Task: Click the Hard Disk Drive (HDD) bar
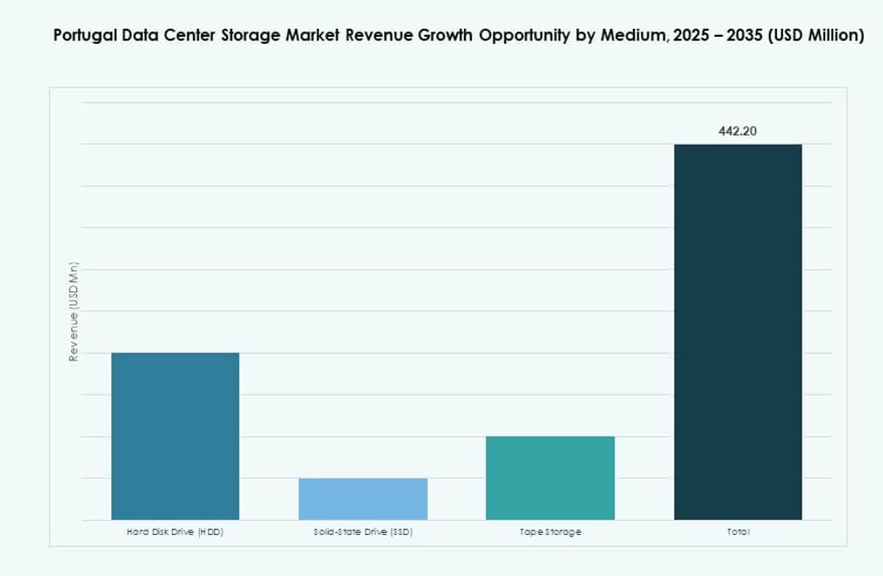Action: click(174, 436)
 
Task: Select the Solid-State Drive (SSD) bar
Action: click(363, 499)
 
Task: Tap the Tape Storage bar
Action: click(550, 478)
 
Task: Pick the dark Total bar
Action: click(737, 331)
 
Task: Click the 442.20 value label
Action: click(737, 132)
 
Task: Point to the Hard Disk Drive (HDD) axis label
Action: click(174, 532)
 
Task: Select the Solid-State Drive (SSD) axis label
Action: click(363, 532)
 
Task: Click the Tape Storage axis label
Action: click(550, 532)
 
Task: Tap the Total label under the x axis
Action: click(737, 532)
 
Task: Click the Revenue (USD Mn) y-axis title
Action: click(75, 311)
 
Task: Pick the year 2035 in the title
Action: click(745, 36)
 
